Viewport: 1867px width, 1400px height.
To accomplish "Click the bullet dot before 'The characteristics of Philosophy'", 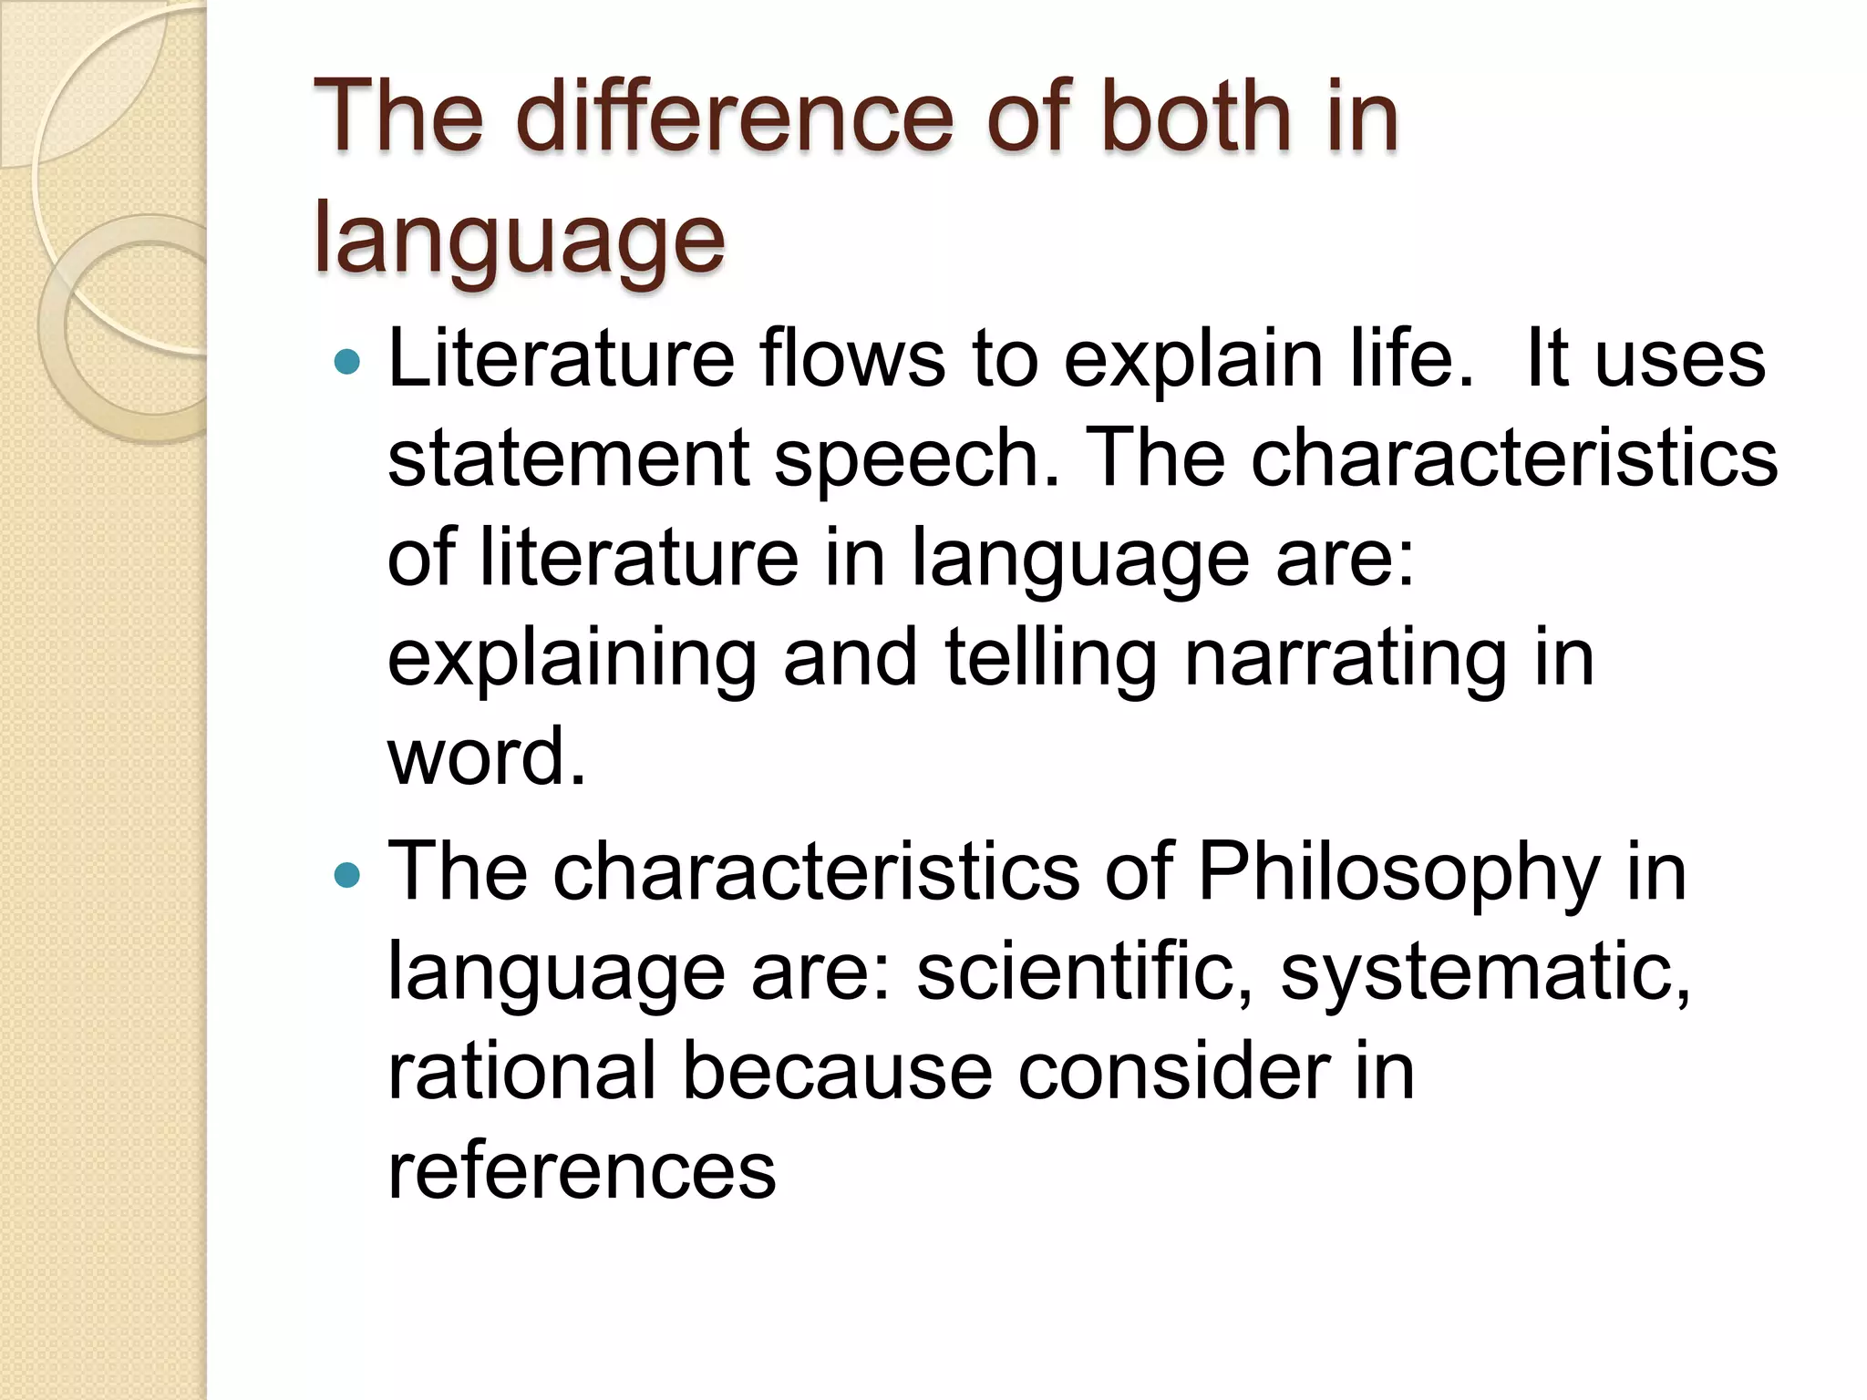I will (347, 877).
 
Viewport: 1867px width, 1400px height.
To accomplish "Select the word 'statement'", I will (568, 458).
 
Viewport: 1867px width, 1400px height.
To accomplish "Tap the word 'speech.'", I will (918, 458).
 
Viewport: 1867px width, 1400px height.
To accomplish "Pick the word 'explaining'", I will (572, 658).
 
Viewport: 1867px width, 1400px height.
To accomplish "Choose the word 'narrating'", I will (1346, 658).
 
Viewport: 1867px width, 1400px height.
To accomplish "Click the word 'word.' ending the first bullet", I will (487, 757).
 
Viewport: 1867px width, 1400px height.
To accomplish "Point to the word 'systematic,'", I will (1485, 973).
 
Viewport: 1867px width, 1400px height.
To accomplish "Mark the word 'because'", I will (837, 1072).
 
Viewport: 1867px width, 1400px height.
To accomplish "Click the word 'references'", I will (582, 1171).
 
